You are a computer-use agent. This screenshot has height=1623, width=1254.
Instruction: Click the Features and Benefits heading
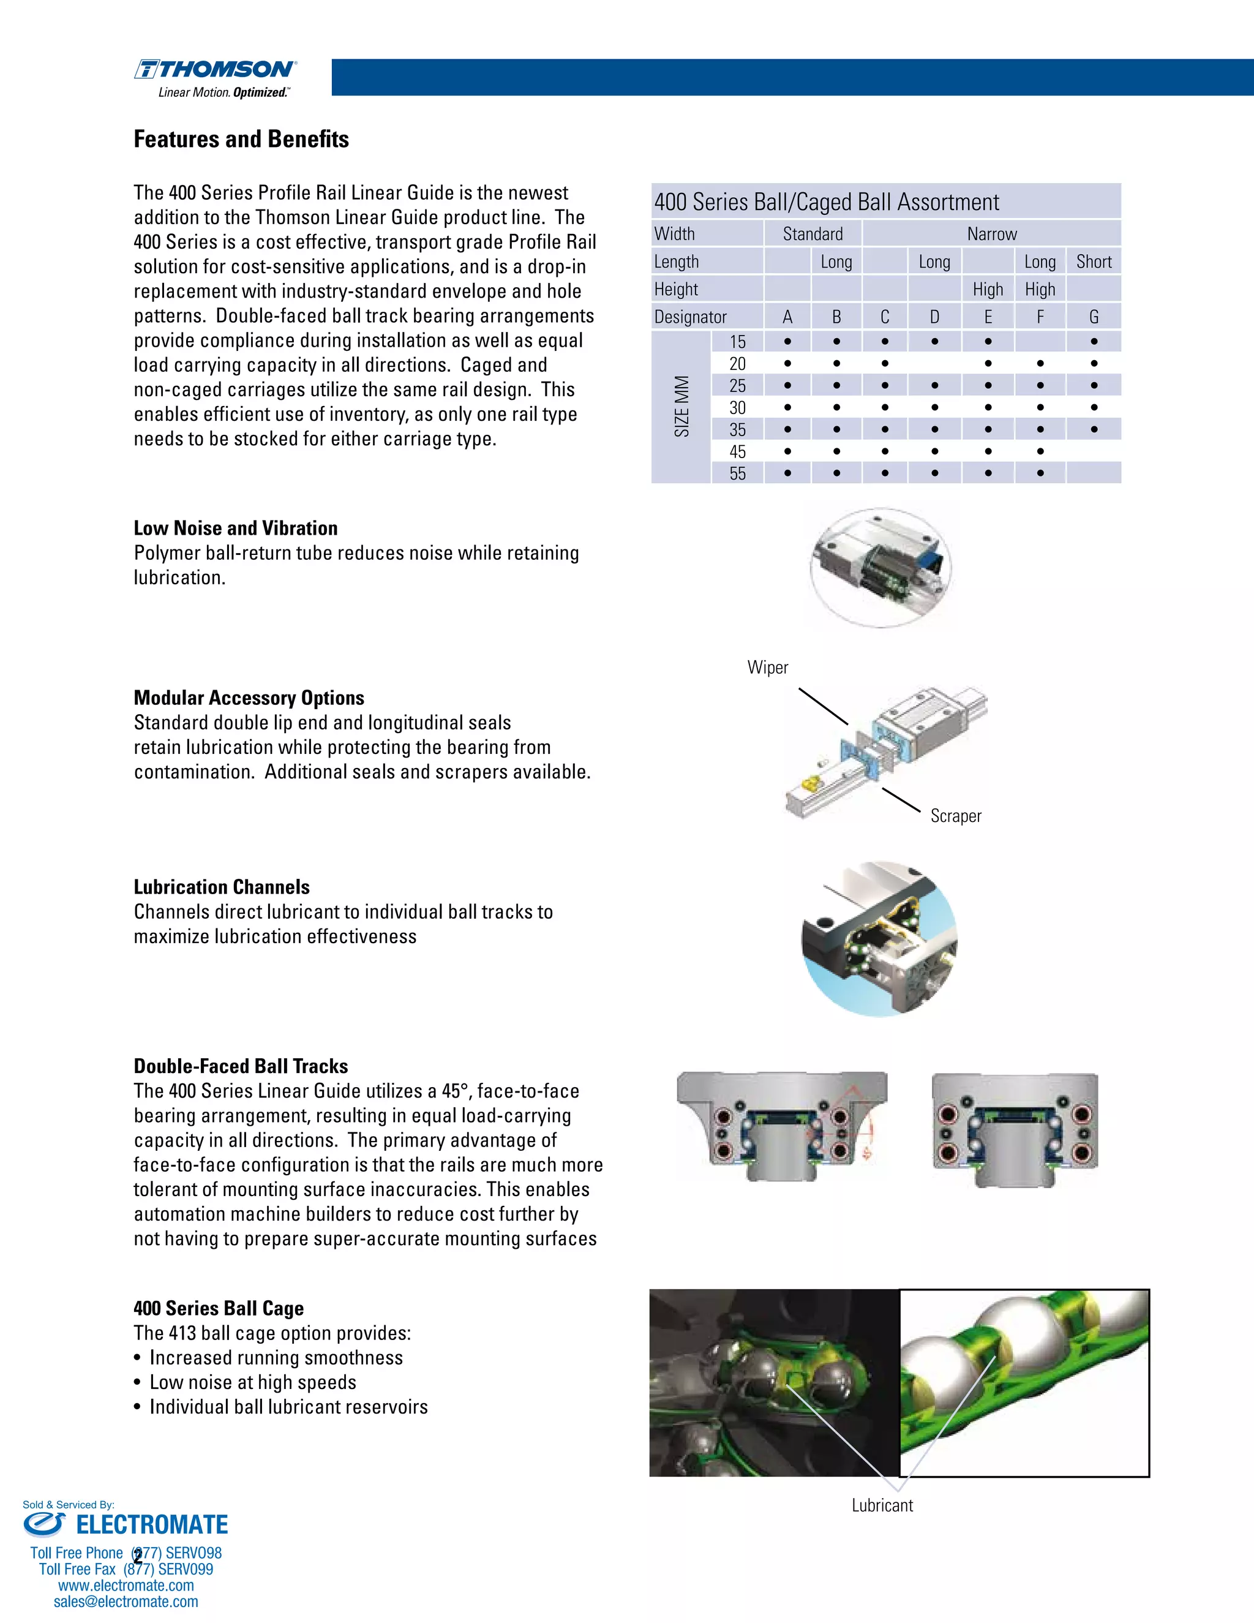pos(241,139)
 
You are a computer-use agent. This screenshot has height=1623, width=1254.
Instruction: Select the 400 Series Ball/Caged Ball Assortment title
pos(826,202)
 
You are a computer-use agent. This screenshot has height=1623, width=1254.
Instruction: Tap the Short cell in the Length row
pos(1094,262)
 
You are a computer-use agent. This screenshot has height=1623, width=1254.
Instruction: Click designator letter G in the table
pos(1094,317)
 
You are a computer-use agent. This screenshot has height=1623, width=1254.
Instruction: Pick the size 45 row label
pos(737,452)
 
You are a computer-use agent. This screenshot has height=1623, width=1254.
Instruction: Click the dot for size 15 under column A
pos(787,342)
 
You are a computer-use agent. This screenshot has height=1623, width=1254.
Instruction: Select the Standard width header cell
pos(813,234)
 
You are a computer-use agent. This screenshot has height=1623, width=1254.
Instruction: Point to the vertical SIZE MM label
pos(681,407)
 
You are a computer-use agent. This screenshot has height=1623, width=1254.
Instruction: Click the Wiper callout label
pos(767,668)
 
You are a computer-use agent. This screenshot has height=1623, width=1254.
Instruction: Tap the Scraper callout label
pos(955,816)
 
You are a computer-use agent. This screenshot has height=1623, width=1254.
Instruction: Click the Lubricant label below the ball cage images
pos(882,1505)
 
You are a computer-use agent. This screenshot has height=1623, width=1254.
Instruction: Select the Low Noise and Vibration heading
pos(236,529)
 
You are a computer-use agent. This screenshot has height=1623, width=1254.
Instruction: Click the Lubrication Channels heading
pos(222,887)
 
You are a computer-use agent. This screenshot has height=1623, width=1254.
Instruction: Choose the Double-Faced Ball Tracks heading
pos(241,1066)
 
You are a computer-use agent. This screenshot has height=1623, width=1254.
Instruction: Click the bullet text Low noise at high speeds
pos(253,1382)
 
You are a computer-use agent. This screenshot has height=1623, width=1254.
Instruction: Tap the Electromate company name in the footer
pos(152,1525)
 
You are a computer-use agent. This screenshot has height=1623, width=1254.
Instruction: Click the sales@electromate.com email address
pos(126,1602)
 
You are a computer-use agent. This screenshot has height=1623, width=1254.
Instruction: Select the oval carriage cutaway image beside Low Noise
pos(880,568)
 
